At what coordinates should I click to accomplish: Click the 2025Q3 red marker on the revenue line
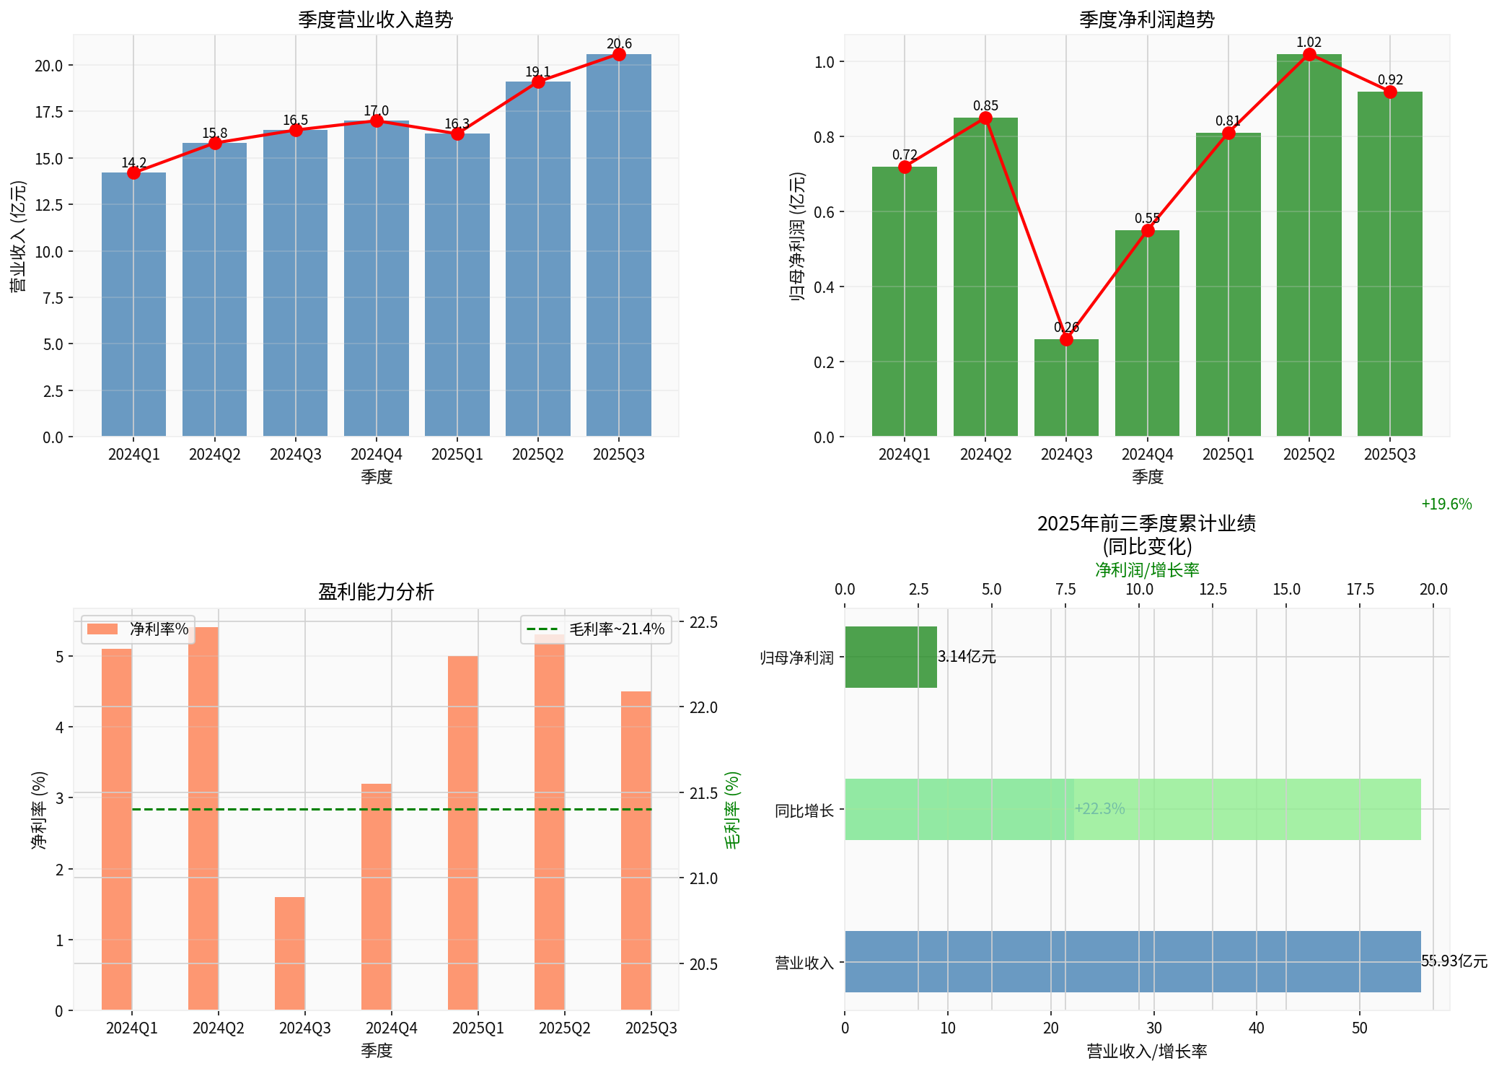(619, 55)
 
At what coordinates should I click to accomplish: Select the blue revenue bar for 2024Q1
(133, 303)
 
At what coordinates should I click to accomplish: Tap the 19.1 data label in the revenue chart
(537, 71)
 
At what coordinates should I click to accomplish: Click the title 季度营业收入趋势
(375, 19)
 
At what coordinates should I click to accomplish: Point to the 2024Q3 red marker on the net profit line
(1066, 339)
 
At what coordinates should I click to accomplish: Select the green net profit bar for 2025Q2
(1309, 245)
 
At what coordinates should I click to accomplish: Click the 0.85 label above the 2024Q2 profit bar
(985, 106)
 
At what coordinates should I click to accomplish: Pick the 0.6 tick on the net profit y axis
(825, 212)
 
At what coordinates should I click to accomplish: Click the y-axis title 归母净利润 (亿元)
(797, 236)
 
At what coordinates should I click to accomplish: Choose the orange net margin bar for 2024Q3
(290, 953)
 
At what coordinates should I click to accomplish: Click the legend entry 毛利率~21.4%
(596, 629)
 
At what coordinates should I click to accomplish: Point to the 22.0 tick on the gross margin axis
(703, 707)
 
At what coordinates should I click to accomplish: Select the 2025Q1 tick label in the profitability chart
(478, 1028)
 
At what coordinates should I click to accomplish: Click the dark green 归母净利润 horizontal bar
(891, 657)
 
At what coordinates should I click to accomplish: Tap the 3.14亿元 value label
(967, 657)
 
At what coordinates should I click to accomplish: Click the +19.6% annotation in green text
(1446, 504)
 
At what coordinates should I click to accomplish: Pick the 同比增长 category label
(804, 810)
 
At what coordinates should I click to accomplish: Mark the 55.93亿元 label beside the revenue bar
(1454, 961)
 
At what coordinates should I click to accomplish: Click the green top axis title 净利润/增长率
(1147, 569)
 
